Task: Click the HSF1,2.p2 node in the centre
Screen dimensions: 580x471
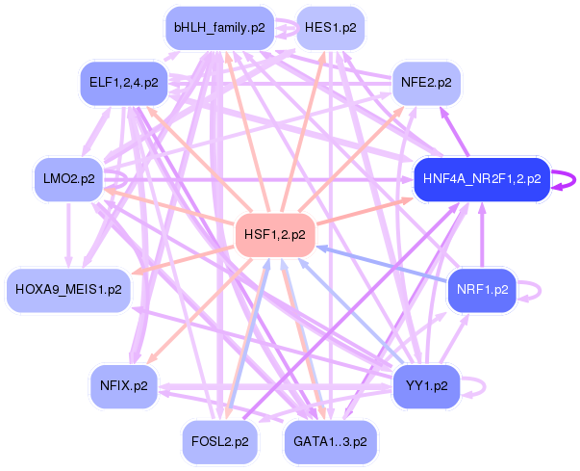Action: pyautogui.click(x=275, y=235)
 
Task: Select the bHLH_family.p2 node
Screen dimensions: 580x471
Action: pyautogui.click(x=219, y=28)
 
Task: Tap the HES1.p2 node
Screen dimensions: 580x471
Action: pyautogui.click(x=331, y=28)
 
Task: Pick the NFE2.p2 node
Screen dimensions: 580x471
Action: pyautogui.click(x=426, y=83)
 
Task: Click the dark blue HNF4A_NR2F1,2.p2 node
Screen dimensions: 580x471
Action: pyautogui.click(x=482, y=179)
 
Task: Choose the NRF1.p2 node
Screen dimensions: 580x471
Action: pyautogui.click(x=482, y=290)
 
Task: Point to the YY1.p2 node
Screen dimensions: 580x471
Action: pyautogui.click(x=426, y=386)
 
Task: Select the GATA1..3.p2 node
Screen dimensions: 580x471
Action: pyautogui.click(x=330, y=442)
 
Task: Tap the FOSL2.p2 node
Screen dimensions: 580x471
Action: pyautogui.click(x=219, y=442)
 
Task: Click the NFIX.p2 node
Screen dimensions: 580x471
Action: pyautogui.click(x=124, y=386)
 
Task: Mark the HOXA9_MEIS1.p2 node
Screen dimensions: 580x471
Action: pyautogui.click(x=69, y=290)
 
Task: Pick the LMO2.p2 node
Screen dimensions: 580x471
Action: pyautogui.click(x=69, y=179)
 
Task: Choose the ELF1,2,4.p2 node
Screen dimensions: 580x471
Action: pyautogui.click(x=124, y=83)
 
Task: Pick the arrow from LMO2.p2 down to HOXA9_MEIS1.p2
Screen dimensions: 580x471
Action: pyautogui.click(x=69, y=235)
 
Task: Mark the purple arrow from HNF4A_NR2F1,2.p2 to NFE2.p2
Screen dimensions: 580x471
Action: pyautogui.click(x=454, y=131)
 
